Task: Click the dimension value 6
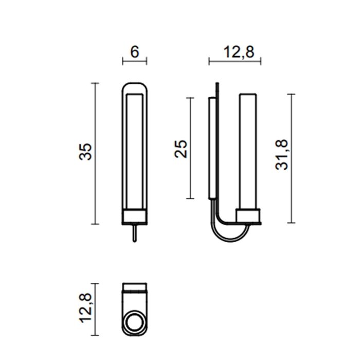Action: click(x=135, y=52)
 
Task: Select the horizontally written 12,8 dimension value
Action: click(x=235, y=52)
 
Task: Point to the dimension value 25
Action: click(x=182, y=149)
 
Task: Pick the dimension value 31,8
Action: click(x=282, y=155)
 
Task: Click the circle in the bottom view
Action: click(x=135, y=323)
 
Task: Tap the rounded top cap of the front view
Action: click(x=135, y=87)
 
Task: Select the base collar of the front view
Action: click(x=135, y=217)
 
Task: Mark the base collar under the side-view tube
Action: click(x=249, y=216)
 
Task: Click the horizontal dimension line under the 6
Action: click(x=135, y=61)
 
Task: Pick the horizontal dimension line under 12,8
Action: click(x=235, y=61)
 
